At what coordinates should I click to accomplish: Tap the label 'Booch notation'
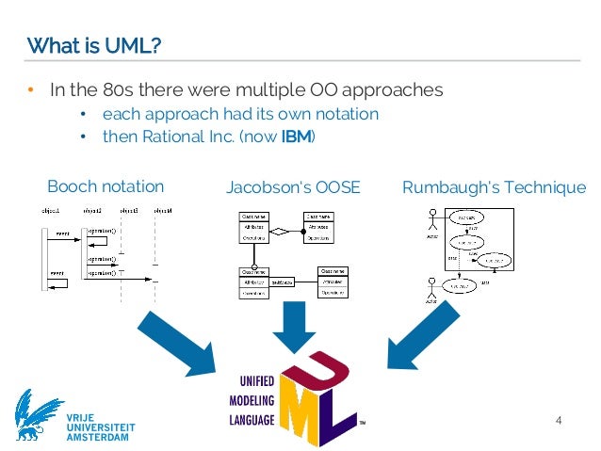coord(106,185)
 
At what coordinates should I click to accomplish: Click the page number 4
coord(559,419)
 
